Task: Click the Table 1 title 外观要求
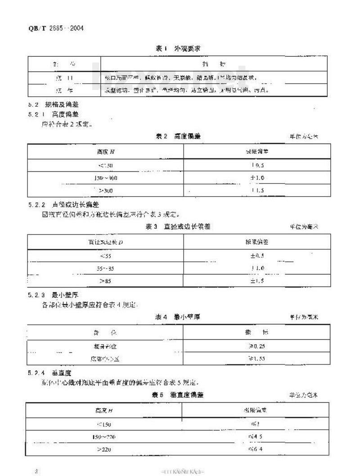[x=177, y=49]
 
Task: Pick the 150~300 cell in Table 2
[x=106, y=178]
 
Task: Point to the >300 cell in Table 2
[x=106, y=191]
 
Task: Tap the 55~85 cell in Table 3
[x=106, y=269]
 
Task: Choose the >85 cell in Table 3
[x=106, y=281]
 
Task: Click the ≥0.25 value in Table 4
[x=256, y=346]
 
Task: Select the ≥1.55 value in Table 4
[x=256, y=359]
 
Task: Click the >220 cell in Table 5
[x=104, y=449]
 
